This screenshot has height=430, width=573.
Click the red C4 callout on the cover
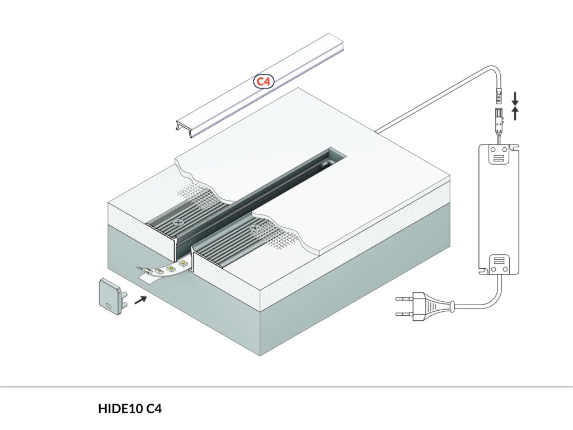pyautogui.click(x=263, y=82)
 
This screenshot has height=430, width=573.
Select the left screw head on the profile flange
pyautogui.click(x=179, y=222)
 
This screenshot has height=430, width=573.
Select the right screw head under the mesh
pyautogui.click(x=256, y=228)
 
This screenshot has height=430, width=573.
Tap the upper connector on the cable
pyautogui.click(x=497, y=97)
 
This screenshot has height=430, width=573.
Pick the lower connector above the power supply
pyautogui.click(x=497, y=119)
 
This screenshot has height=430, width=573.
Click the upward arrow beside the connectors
pyautogui.click(x=515, y=114)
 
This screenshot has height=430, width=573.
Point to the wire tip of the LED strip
pyautogui.click(x=140, y=270)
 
